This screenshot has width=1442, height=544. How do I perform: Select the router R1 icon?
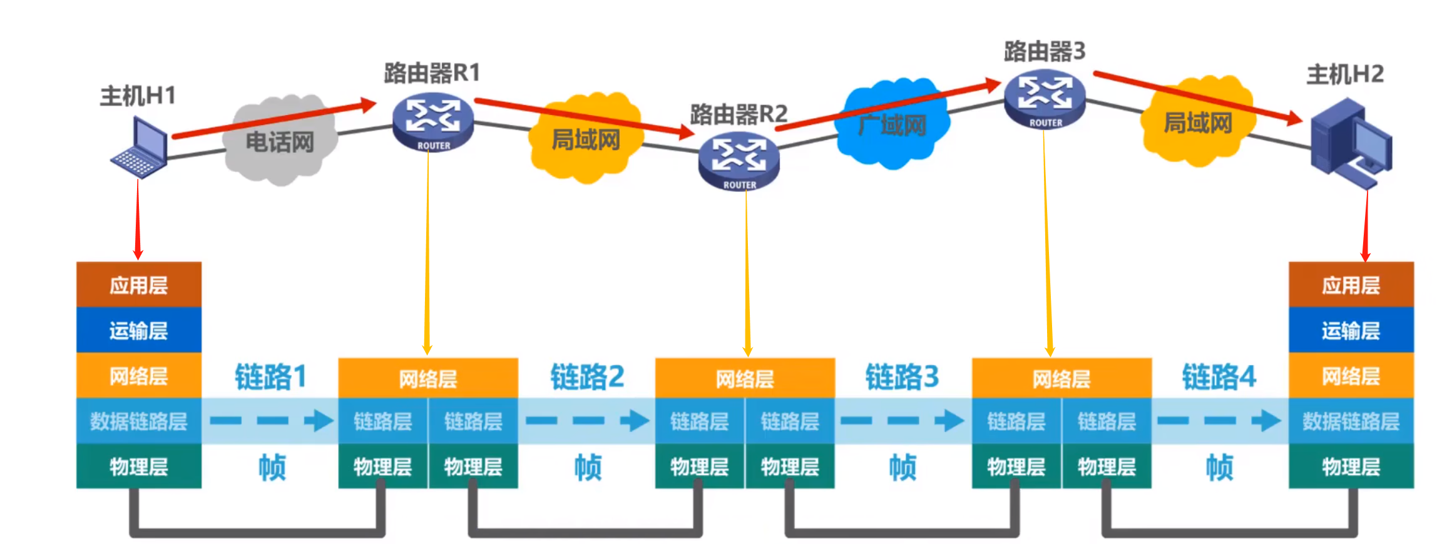[432, 123]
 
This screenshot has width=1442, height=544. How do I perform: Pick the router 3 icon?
[1045, 100]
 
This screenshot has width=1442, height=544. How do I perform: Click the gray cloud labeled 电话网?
[280, 142]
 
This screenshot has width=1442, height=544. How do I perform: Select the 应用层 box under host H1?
[139, 285]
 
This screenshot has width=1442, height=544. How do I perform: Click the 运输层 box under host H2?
[1351, 330]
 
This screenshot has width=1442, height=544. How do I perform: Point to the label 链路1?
[270, 377]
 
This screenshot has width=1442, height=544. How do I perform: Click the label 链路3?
[902, 377]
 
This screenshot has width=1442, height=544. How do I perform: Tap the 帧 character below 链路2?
[588, 467]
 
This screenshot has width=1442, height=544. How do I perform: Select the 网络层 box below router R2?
[745, 378]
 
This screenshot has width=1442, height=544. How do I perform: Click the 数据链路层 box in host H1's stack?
[139, 421]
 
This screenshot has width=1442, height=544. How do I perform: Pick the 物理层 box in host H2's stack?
[1351, 466]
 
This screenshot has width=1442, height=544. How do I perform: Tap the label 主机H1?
[138, 96]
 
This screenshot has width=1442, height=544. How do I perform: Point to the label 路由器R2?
[739, 114]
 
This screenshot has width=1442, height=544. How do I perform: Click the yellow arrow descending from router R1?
[428, 250]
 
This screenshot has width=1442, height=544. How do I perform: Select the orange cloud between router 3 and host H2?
[1197, 123]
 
